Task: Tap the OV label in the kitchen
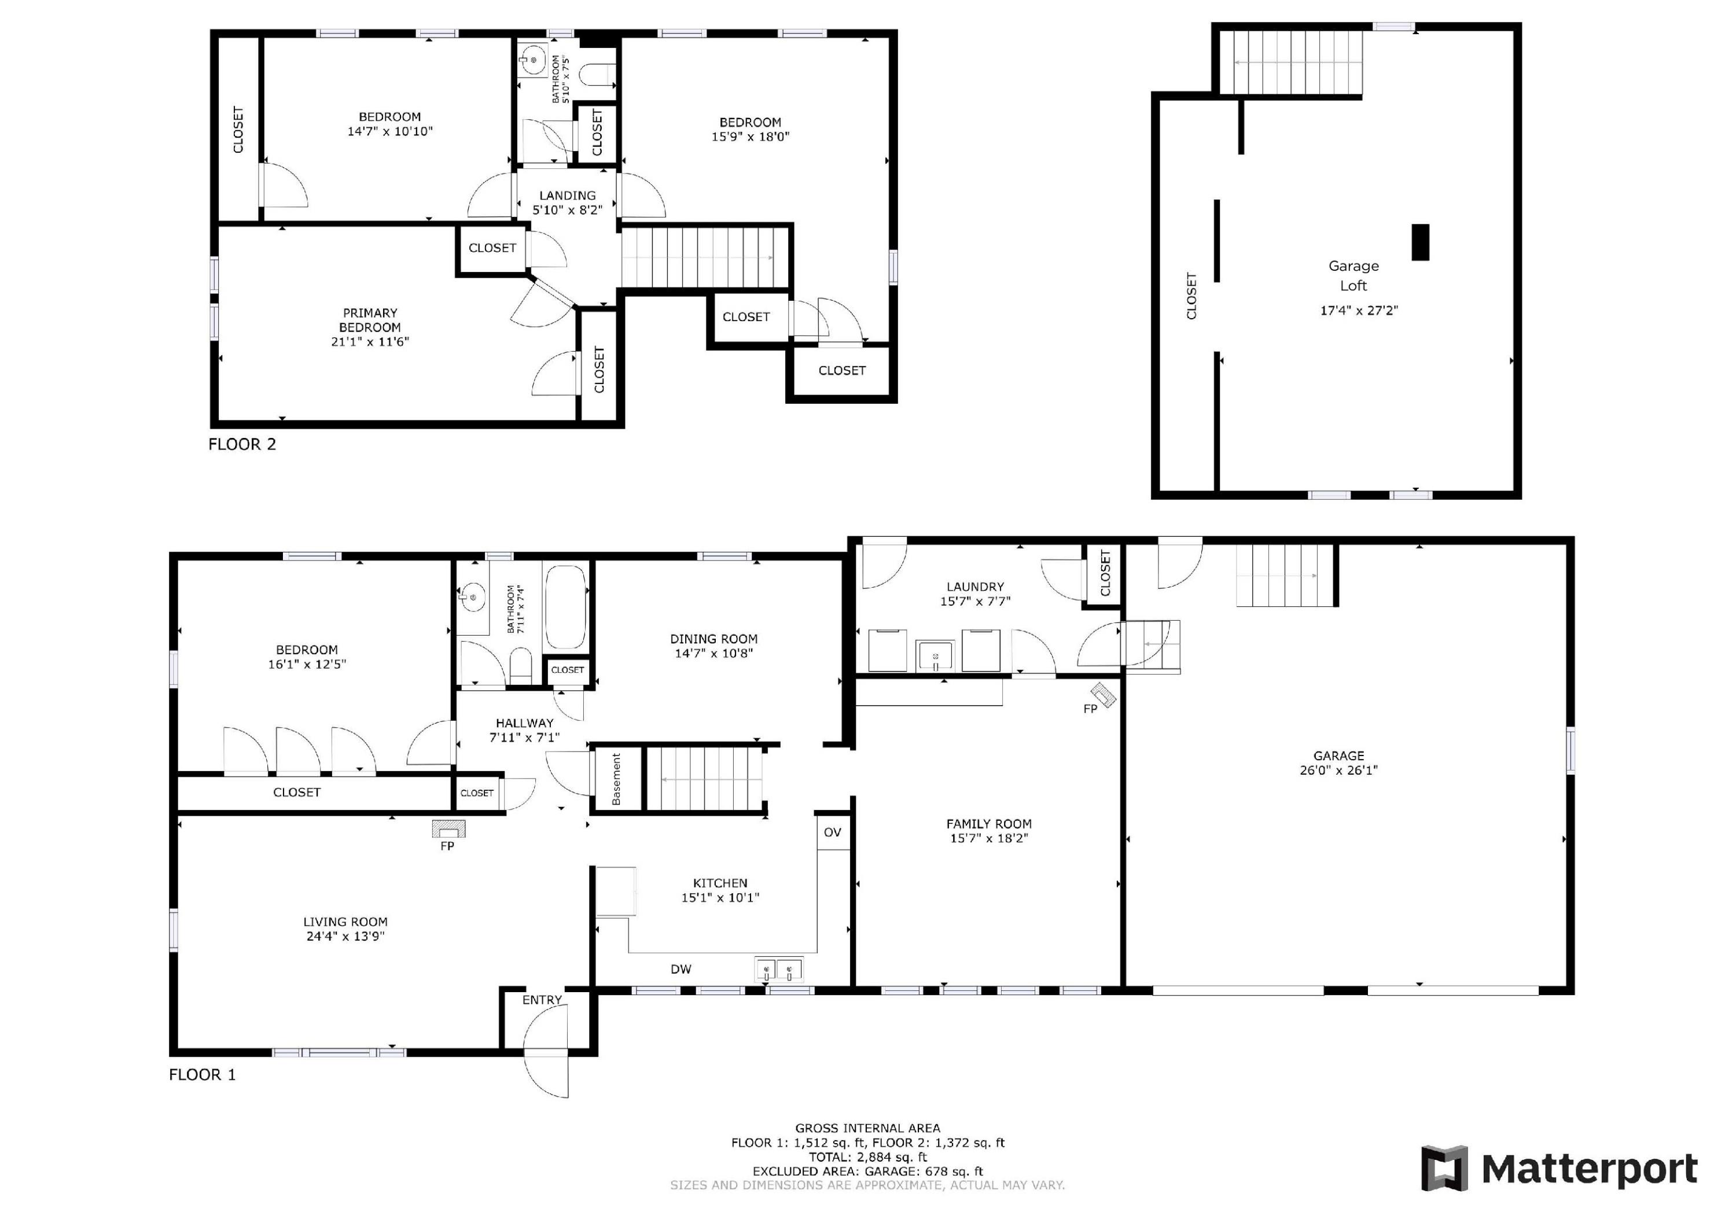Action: pyautogui.click(x=833, y=832)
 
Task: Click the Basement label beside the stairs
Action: pyautogui.click(x=616, y=779)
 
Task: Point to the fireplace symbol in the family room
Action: pyautogui.click(x=1103, y=695)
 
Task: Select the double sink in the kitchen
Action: pyautogui.click(x=779, y=969)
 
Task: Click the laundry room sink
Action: pyautogui.click(x=935, y=655)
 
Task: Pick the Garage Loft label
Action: pyautogui.click(x=1354, y=276)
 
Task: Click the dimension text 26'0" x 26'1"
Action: pyautogui.click(x=1338, y=771)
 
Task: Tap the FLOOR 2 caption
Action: pyautogui.click(x=242, y=444)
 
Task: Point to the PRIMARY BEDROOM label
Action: pyautogui.click(x=370, y=320)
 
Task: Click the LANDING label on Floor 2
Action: pyautogui.click(x=567, y=196)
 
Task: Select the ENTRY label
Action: pyautogui.click(x=542, y=1000)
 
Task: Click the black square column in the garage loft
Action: pyautogui.click(x=1421, y=242)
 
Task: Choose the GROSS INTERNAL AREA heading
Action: pyautogui.click(x=868, y=1128)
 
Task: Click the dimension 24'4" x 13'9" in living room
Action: pyautogui.click(x=345, y=936)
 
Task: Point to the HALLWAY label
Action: pyautogui.click(x=525, y=724)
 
